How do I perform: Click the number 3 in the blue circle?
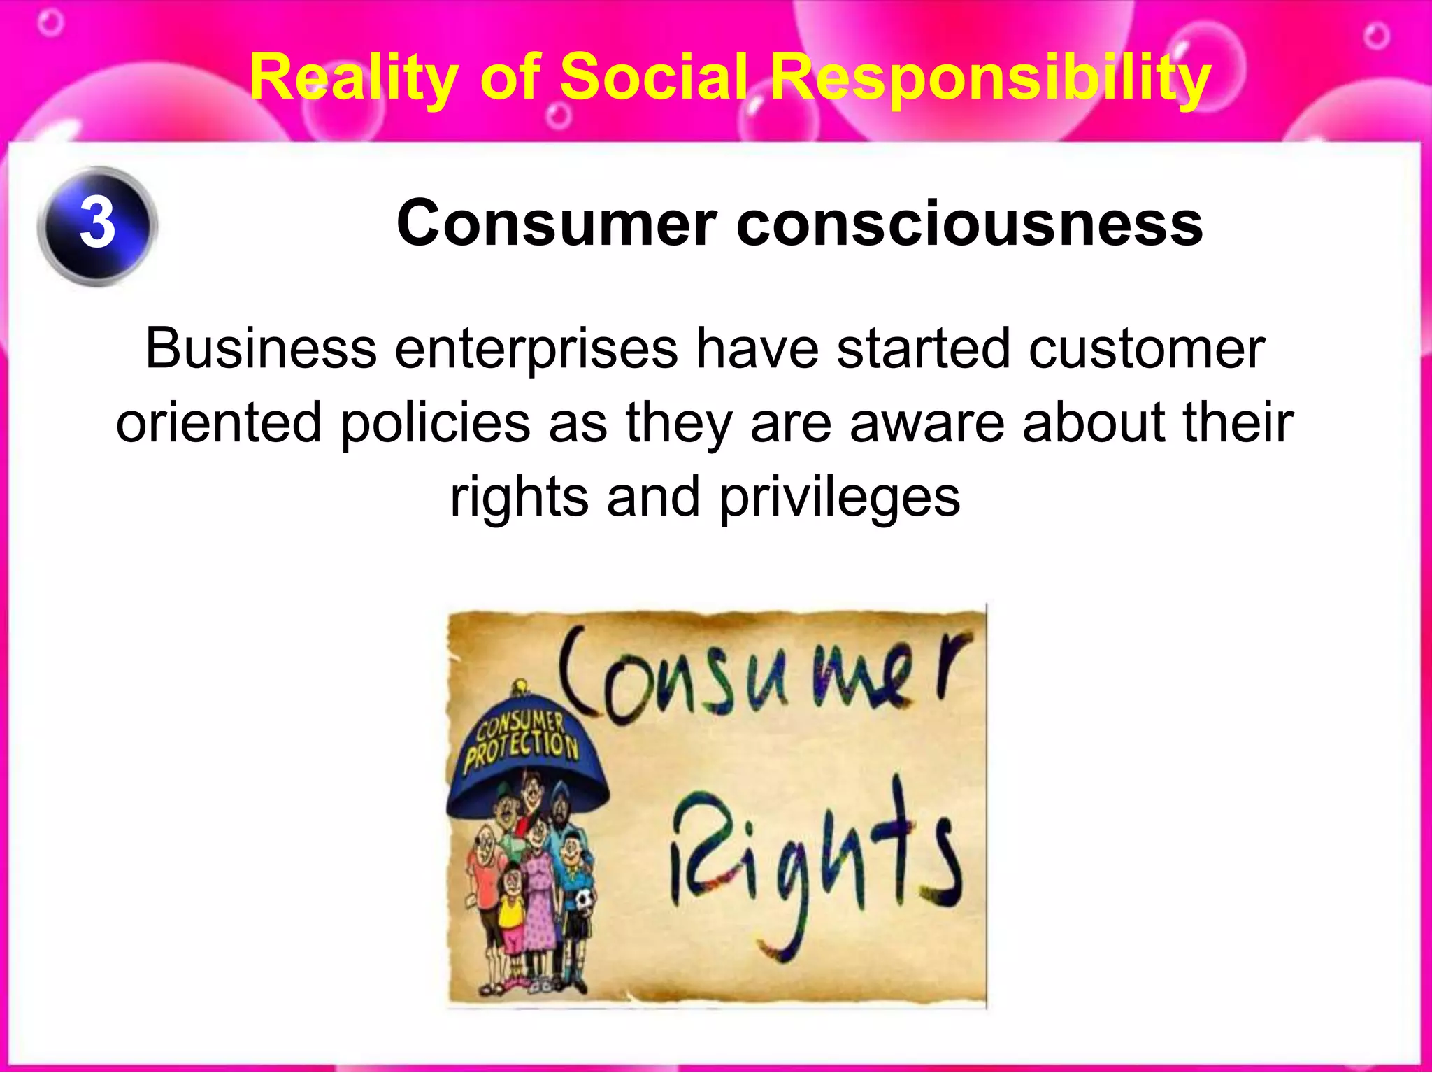click(x=97, y=225)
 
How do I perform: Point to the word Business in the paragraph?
click(x=261, y=348)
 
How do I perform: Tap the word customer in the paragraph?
click(x=1147, y=348)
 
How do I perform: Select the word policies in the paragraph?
click(x=436, y=423)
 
